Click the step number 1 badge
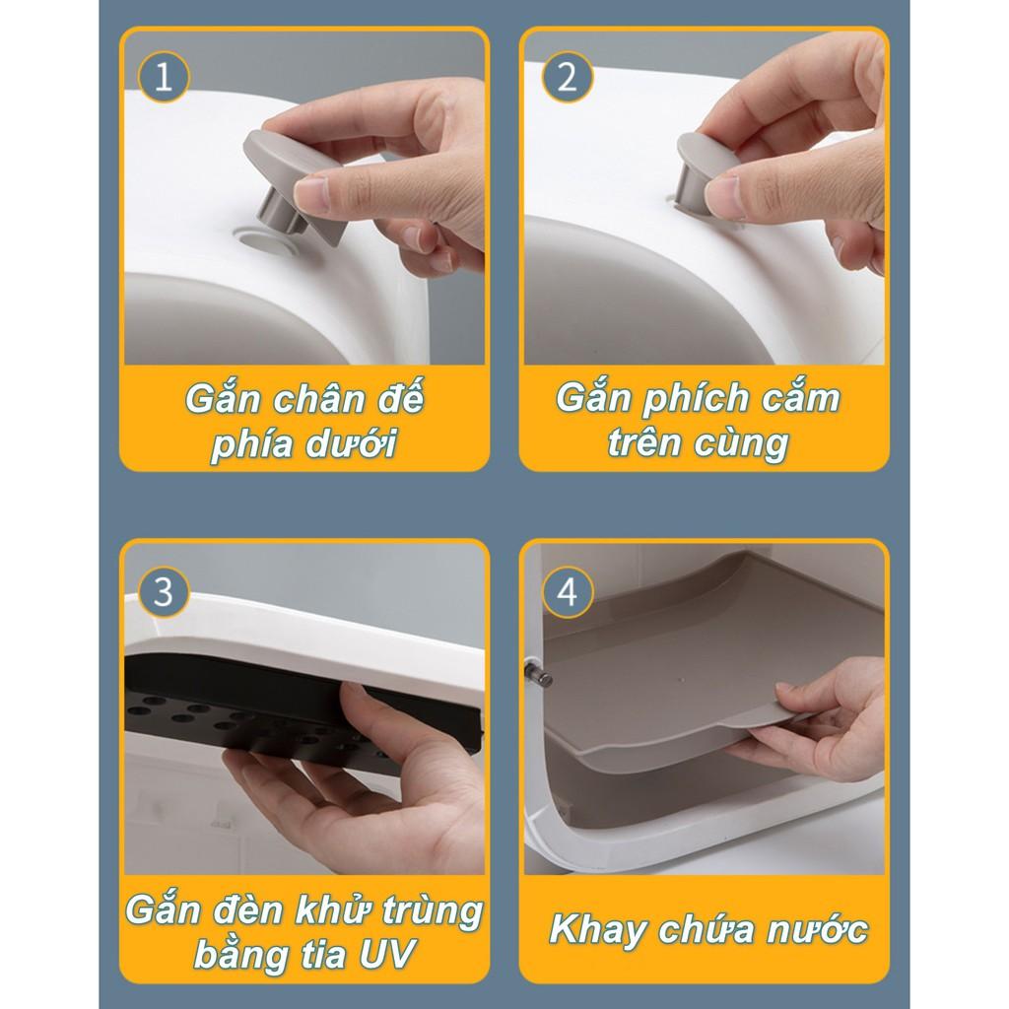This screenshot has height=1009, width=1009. (x=165, y=77)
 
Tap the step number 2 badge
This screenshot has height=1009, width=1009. (x=567, y=77)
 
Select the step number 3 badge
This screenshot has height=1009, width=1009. (x=165, y=592)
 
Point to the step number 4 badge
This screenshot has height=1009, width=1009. (x=567, y=592)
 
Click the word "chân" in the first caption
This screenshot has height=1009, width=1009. (x=319, y=399)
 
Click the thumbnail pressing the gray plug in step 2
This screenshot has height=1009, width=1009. (x=721, y=197)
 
